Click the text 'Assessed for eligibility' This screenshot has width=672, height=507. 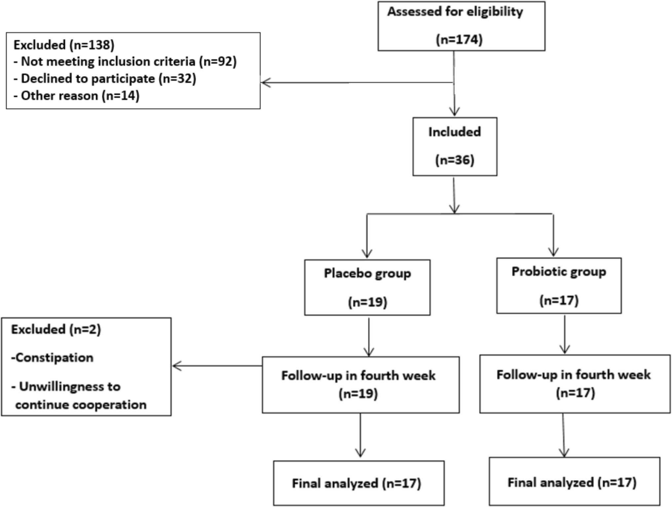click(x=455, y=12)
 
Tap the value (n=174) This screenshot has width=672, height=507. click(x=459, y=40)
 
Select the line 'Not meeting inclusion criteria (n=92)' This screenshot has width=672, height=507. click(x=126, y=62)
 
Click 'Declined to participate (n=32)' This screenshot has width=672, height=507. click(x=105, y=79)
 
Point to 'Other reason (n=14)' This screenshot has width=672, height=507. click(x=77, y=96)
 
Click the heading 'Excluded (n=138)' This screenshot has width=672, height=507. click(x=64, y=45)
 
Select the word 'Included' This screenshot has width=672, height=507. click(x=454, y=132)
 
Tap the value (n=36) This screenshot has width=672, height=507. click(x=454, y=160)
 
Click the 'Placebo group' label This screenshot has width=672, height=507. click(x=367, y=274)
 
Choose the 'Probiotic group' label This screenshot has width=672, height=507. click(x=559, y=272)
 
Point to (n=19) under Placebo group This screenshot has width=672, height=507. click(x=367, y=302)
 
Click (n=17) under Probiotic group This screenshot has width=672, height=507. click(x=559, y=300)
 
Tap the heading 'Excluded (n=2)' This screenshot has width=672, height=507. click(x=56, y=329)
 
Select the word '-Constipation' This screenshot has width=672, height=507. click(x=52, y=357)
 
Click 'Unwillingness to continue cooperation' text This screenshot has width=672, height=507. click(x=79, y=395)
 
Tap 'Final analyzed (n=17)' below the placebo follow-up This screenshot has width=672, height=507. click(x=356, y=484)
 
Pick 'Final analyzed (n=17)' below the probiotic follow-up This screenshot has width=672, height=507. click(x=572, y=483)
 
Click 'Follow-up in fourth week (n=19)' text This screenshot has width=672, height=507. click(x=358, y=385)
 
